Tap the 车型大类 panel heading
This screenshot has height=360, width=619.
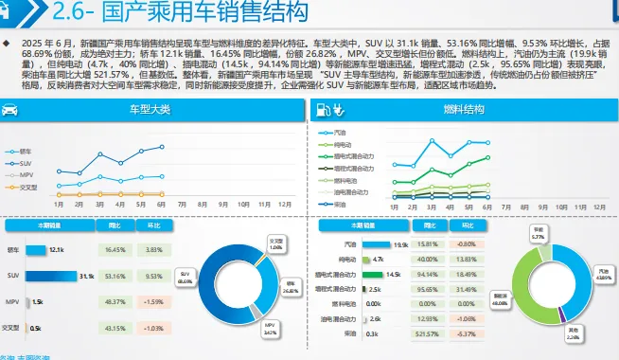pyautogui.click(x=150, y=110)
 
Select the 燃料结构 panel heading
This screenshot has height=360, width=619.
pyautogui.click(x=463, y=110)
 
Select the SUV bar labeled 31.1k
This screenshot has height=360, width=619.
pyautogui.click(x=58, y=276)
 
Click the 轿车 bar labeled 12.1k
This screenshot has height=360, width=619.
pyautogui.click(x=37, y=250)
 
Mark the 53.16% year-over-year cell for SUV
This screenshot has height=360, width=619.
pyautogui.click(x=115, y=276)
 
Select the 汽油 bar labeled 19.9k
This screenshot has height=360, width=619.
pyautogui.click(x=374, y=243)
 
